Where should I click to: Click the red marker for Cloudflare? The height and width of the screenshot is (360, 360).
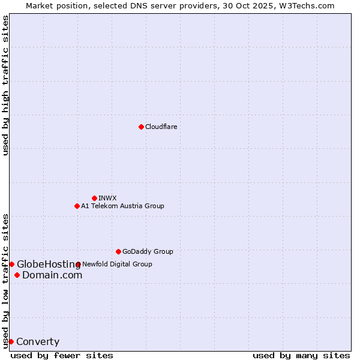pos(141,127)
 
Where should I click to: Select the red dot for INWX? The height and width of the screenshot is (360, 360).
pos(94,198)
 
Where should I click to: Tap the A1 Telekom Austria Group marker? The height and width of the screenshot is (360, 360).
pos(77,206)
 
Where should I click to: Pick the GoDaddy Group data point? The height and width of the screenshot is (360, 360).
pos(118,251)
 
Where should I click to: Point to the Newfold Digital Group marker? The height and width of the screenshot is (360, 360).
pos(78,264)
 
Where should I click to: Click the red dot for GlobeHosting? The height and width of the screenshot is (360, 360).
pos(11,264)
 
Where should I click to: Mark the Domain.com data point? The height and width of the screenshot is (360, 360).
pos(17,275)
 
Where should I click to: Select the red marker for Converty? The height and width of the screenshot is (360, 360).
pos(11,341)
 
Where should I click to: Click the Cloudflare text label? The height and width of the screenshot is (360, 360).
pos(161,127)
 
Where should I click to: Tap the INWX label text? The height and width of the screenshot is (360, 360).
pos(107,198)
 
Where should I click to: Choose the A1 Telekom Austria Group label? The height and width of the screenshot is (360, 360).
pos(122,206)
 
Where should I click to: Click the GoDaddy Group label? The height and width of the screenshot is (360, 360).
pos(148,251)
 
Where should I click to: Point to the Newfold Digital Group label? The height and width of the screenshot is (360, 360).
pos(117,264)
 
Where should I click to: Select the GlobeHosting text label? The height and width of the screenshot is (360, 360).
pos(48,264)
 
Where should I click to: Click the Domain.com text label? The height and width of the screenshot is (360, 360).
pos(52,275)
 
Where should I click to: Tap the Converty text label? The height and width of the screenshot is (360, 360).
pos(38,342)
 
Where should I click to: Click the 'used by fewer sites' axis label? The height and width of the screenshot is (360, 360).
pos(62,355)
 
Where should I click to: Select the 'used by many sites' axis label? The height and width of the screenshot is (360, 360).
pos(301,355)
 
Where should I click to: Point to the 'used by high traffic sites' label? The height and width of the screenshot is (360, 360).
pos(5,85)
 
